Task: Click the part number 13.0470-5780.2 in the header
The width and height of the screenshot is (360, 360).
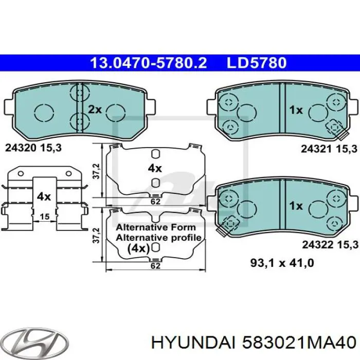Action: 148,63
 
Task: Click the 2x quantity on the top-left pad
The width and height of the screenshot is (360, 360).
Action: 95,110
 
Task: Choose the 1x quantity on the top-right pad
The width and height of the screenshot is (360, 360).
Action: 295,110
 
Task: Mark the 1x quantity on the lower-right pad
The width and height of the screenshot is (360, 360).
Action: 295,205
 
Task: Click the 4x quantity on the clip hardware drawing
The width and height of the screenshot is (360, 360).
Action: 43,196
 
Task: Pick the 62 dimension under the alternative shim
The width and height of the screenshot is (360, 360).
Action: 154,266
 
